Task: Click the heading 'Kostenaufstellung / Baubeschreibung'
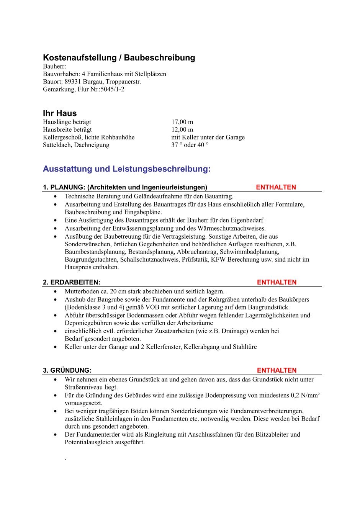119,58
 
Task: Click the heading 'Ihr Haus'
60,113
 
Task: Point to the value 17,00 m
182,122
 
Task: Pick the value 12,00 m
182,129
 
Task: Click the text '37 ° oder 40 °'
190,145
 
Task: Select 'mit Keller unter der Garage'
208,137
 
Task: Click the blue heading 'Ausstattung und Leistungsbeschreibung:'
127,169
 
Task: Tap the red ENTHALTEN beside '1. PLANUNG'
276,187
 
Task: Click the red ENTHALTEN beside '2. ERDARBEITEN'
277,282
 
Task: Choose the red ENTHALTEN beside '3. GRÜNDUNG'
277,370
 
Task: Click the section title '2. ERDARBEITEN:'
72,282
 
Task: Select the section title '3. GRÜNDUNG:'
67,370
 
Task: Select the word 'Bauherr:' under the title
54,66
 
